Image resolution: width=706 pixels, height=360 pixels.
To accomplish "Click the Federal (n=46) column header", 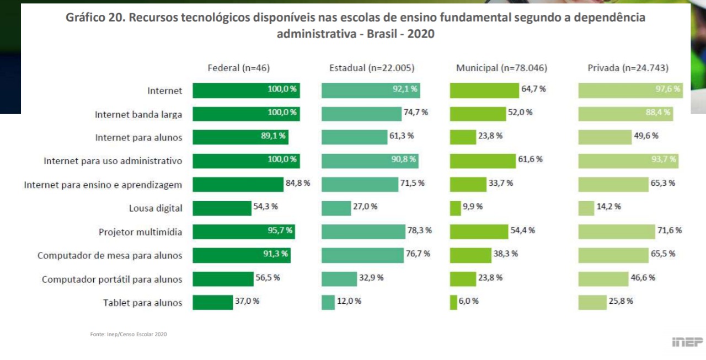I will coord(238,68).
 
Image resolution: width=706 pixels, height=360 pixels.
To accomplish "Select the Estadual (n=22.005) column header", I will coord(372,68).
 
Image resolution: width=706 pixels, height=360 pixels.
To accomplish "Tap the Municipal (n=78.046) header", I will coord(501,68).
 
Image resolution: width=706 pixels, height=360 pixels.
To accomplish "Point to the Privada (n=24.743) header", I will coord(628,68).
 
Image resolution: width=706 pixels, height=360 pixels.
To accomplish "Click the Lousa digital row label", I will coord(156,208).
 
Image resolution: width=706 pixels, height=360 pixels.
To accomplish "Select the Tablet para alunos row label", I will coord(142,303).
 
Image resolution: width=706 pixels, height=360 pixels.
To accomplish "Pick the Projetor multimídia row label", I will coord(140,232).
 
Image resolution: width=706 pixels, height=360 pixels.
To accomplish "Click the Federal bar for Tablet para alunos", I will coord(213,302).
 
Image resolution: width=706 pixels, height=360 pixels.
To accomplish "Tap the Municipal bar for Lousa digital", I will coord(455,208).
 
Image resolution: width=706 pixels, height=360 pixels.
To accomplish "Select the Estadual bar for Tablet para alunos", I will coord(328,302).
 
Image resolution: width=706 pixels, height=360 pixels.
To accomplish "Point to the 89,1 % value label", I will coord(272,136).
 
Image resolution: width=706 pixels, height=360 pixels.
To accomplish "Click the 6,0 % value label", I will coord(469,301).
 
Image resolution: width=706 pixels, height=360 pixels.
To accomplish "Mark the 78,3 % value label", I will coord(419,230).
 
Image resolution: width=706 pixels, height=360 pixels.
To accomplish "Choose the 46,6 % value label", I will coord(643,277).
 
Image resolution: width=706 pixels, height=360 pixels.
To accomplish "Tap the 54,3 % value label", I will coord(265,207).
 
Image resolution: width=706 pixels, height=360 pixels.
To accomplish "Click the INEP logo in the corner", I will coord(687,342).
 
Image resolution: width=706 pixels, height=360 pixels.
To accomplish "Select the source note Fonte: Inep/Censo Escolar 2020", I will coord(128,334).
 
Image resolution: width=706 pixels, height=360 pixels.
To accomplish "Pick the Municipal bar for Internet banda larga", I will coord(478,114).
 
